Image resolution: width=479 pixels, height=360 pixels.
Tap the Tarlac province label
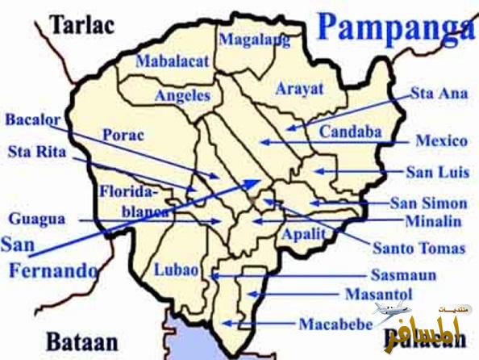(81, 24)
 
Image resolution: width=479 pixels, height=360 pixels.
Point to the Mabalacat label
(172, 61)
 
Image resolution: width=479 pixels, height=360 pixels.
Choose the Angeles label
(182, 95)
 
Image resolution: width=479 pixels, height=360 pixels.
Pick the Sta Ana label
(439, 94)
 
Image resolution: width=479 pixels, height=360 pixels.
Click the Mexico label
(441, 141)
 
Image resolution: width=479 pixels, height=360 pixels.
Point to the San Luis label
(435, 172)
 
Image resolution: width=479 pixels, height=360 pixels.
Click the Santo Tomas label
(419, 248)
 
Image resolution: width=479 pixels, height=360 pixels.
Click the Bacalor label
(33, 120)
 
